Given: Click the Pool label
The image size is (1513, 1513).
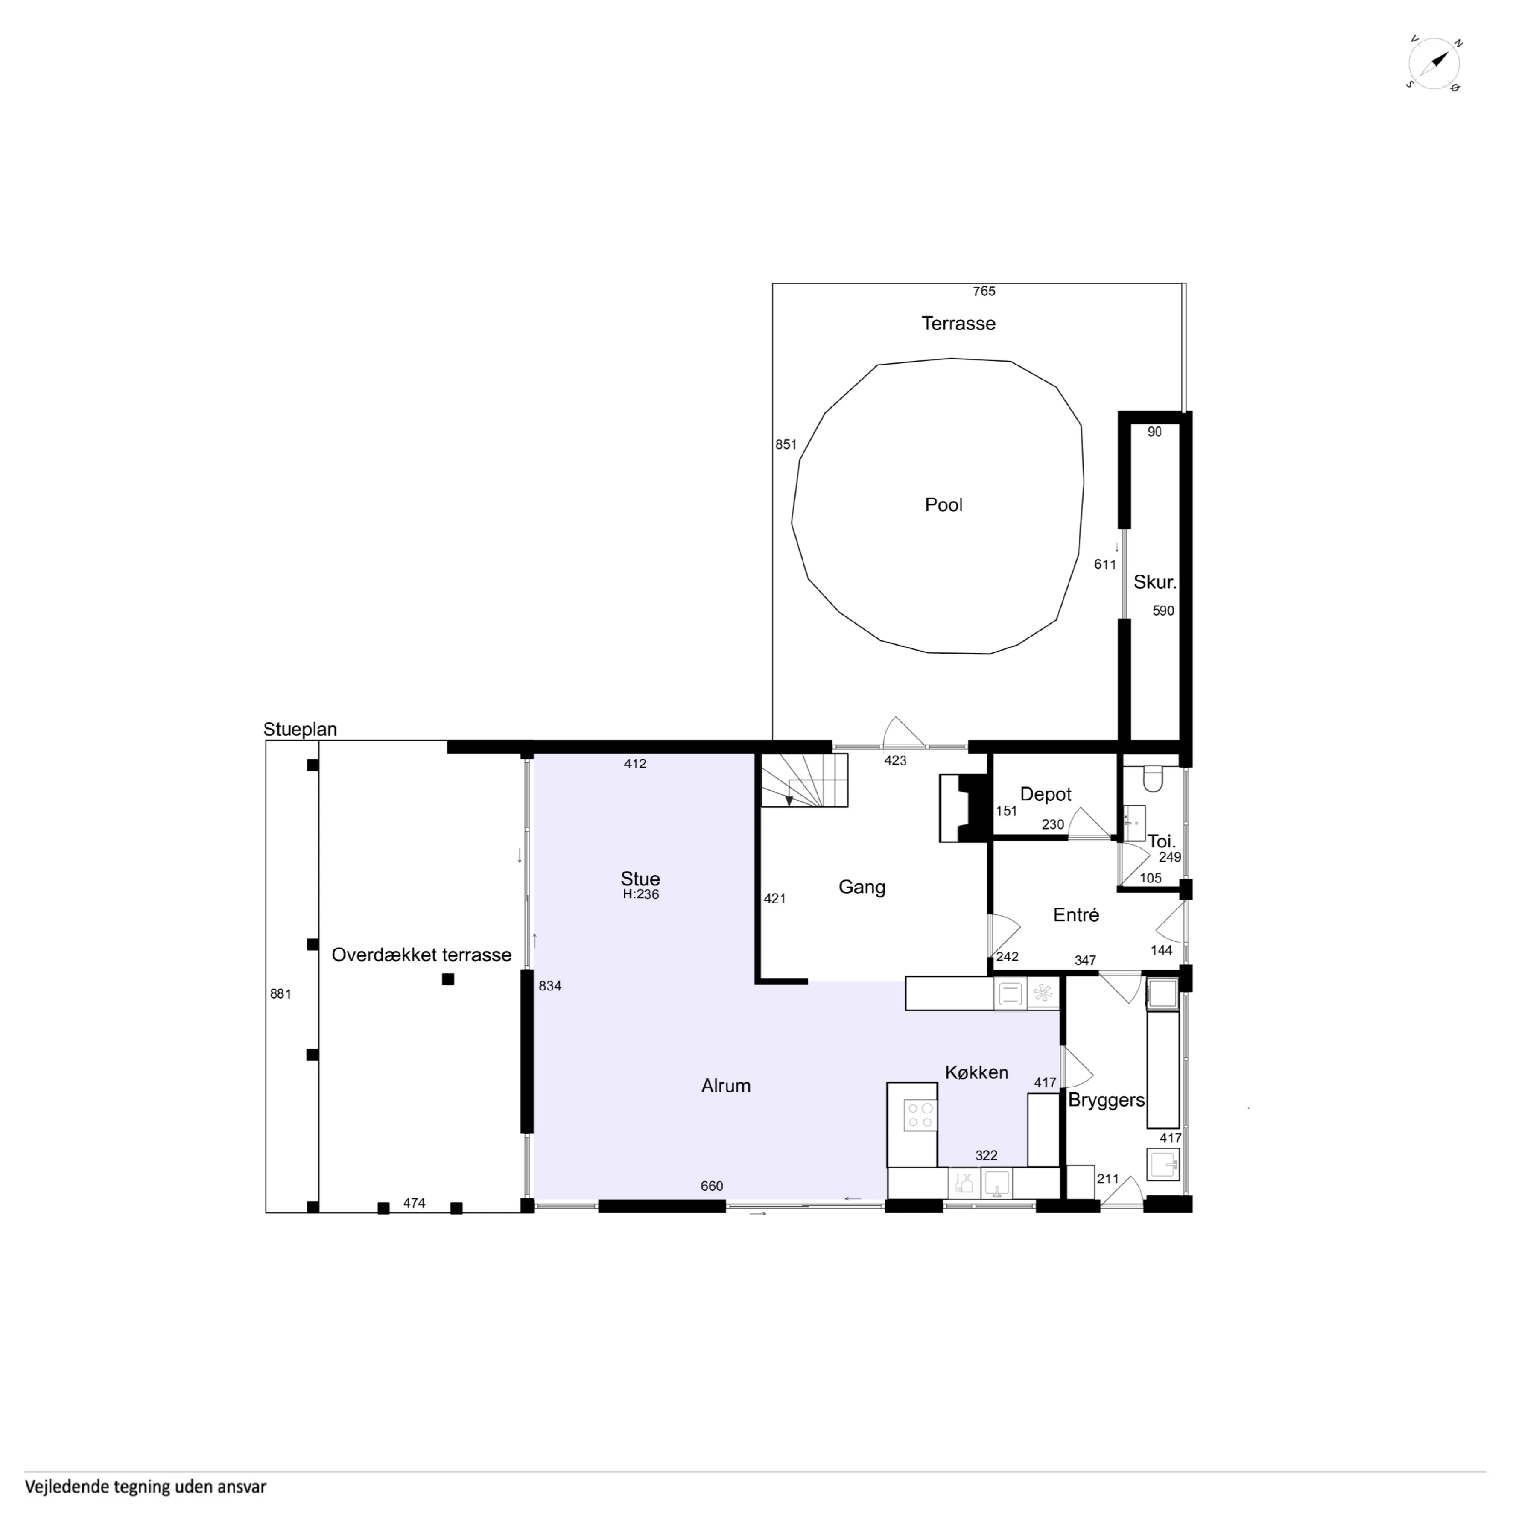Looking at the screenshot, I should (x=943, y=505).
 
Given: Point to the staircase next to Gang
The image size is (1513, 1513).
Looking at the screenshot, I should (x=804, y=781).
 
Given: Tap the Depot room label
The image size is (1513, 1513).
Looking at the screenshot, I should (x=1046, y=794).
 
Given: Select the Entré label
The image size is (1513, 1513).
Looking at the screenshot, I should (x=1076, y=915).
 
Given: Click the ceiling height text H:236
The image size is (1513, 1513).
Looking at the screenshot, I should (x=641, y=894).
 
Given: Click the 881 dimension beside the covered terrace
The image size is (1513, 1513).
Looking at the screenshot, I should (x=280, y=995).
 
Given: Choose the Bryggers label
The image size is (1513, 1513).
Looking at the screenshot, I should (x=1106, y=1100).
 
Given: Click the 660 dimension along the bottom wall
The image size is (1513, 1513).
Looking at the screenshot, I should (x=712, y=1186).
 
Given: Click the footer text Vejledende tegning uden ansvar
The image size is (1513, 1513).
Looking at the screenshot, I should (x=146, y=1487).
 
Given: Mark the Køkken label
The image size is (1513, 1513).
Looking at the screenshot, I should (x=976, y=1073).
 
